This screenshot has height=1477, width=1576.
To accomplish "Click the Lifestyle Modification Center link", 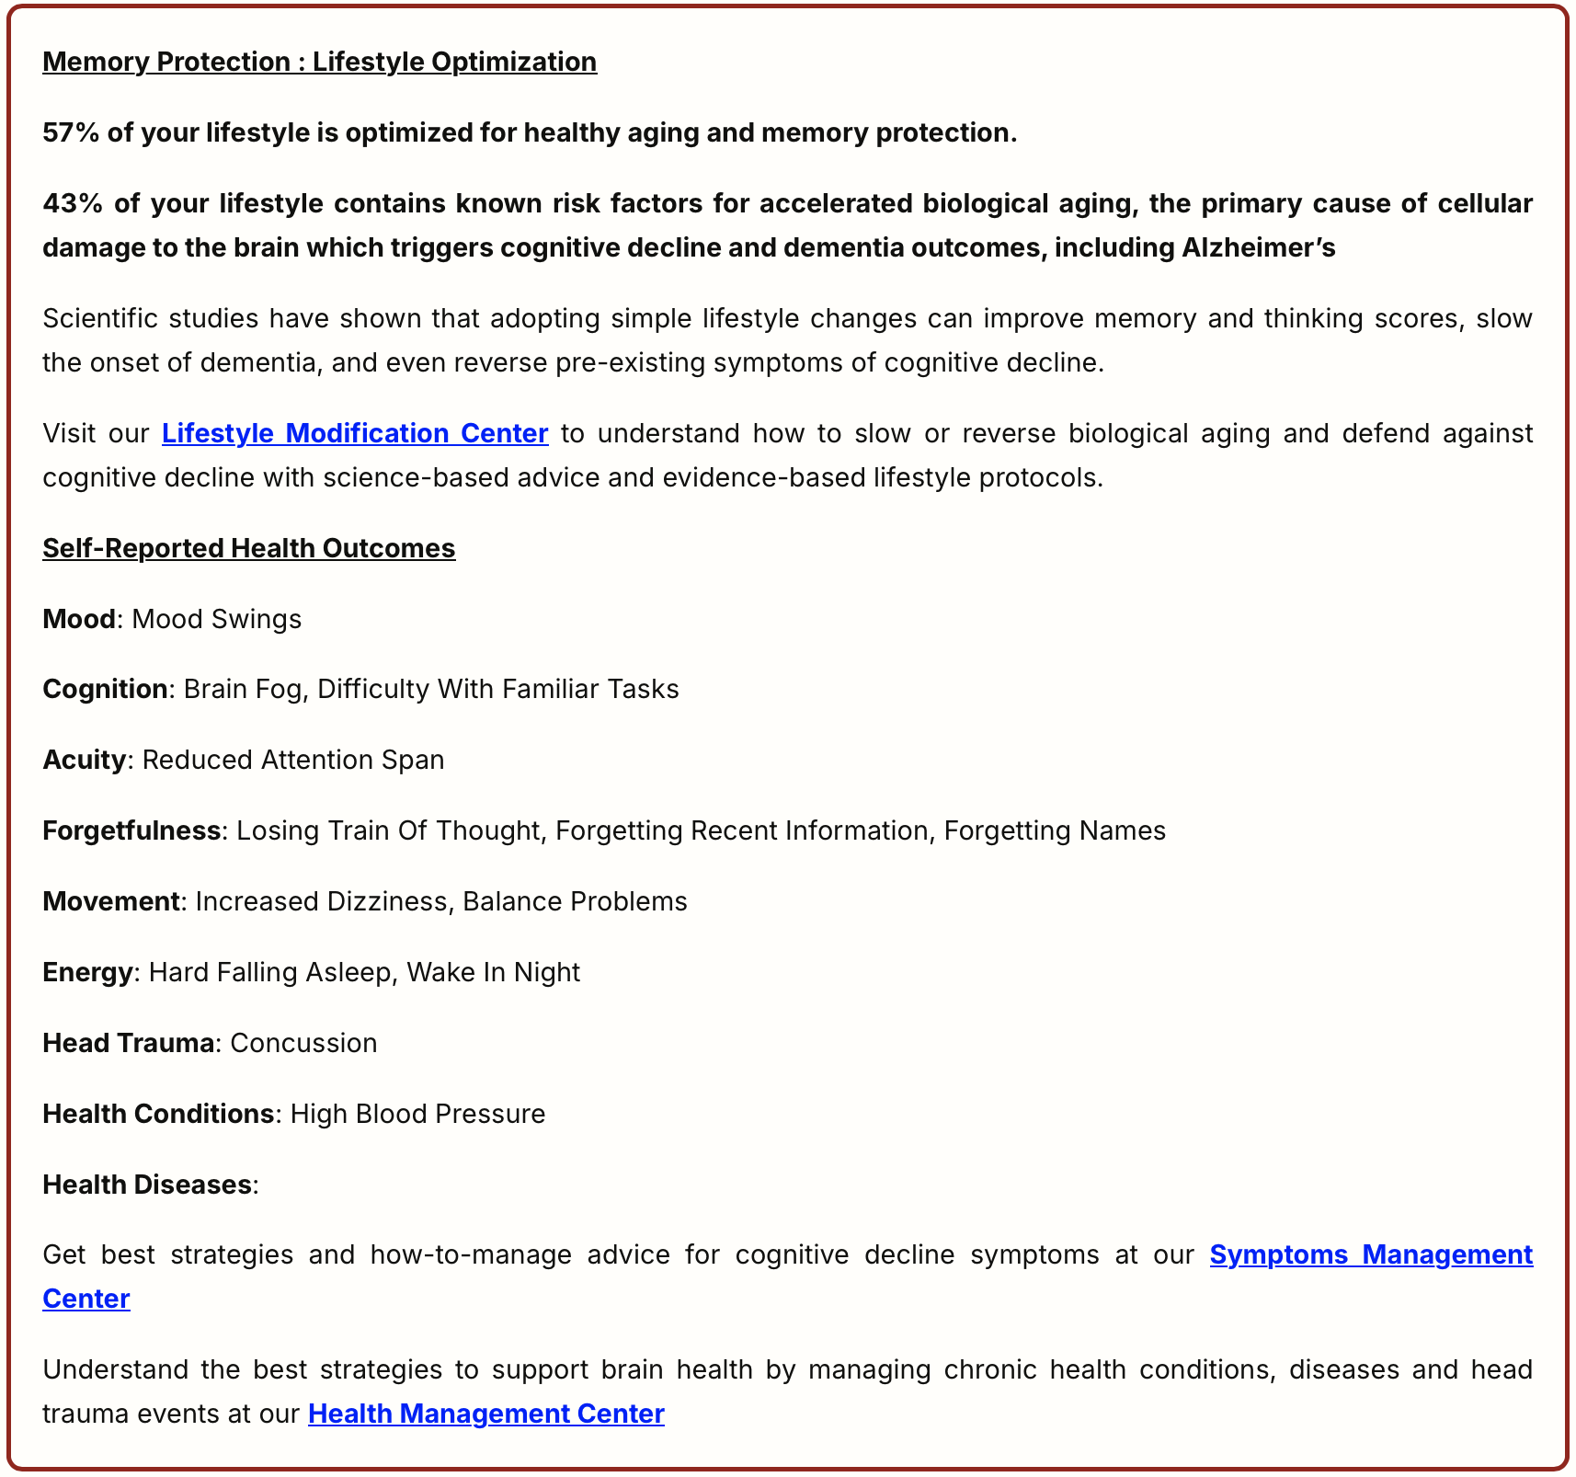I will (x=355, y=433).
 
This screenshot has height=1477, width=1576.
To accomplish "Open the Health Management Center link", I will (x=485, y=1414).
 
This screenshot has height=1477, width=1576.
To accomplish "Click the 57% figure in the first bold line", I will (x=71, y=133).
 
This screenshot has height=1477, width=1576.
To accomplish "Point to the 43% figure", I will (x=72, y=203).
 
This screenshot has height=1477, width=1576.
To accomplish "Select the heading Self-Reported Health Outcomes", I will (x=248, y=548).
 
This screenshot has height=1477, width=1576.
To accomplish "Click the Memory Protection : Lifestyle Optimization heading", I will (x=319, y=62).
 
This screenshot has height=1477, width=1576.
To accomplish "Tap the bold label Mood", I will (x=79, y=619).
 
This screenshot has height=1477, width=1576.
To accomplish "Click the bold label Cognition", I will (x=105, y=690).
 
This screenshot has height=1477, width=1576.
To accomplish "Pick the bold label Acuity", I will (x=84, y=761).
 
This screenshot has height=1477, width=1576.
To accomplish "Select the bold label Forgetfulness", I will (x=131, y=830).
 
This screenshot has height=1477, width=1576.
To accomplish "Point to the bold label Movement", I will (x=110, y=901).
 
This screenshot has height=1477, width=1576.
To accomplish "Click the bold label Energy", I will (x=87, y=972).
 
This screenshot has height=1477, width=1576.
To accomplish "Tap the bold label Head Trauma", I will (x=128, y=1043).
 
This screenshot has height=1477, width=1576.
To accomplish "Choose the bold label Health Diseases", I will (x=146, y=1185).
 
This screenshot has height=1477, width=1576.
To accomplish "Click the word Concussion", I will (x=303, y=1043).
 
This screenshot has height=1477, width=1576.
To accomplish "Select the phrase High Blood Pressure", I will (x=417, y=1114).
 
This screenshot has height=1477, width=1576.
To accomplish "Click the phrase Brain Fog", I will (x=243, y=690).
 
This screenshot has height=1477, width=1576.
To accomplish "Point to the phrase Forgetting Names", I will (x=1055, y=830).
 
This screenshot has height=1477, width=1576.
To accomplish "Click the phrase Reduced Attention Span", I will (x=293, y=761).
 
